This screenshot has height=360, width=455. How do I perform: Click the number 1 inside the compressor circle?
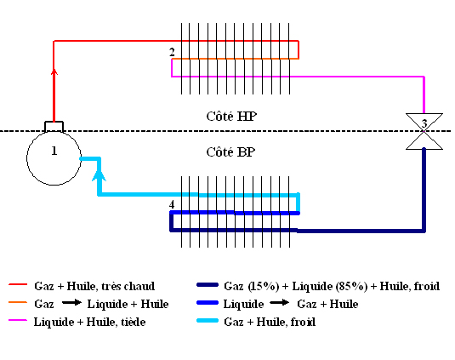[54, 151]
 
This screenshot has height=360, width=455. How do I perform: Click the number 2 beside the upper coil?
[172, 52]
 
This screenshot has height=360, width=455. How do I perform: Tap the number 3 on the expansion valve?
[424, 123]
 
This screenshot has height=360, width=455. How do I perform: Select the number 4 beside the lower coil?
[172, 204]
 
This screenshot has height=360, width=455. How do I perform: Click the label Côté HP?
[231, 117]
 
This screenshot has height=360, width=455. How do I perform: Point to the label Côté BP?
[230, 152]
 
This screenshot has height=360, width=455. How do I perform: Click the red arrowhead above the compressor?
[54, 71]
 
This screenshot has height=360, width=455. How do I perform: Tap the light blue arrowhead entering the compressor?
[99, 175]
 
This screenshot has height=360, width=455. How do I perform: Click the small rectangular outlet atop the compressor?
[54, 127]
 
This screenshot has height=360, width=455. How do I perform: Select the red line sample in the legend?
[18, 284]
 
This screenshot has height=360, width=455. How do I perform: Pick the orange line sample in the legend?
[18, 302]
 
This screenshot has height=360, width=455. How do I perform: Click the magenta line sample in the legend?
[18, 320]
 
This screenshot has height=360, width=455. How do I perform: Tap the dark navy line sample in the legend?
[208, 285]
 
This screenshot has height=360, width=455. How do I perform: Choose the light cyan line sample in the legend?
[208, 321]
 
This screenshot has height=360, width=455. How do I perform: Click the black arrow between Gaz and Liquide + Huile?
[71, 303]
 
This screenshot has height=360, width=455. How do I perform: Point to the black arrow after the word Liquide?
[280, 303]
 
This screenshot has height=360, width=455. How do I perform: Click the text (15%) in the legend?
[264, 286]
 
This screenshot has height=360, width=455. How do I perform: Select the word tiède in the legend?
[133, 322]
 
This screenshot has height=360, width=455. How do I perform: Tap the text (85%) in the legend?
[351, 286]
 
